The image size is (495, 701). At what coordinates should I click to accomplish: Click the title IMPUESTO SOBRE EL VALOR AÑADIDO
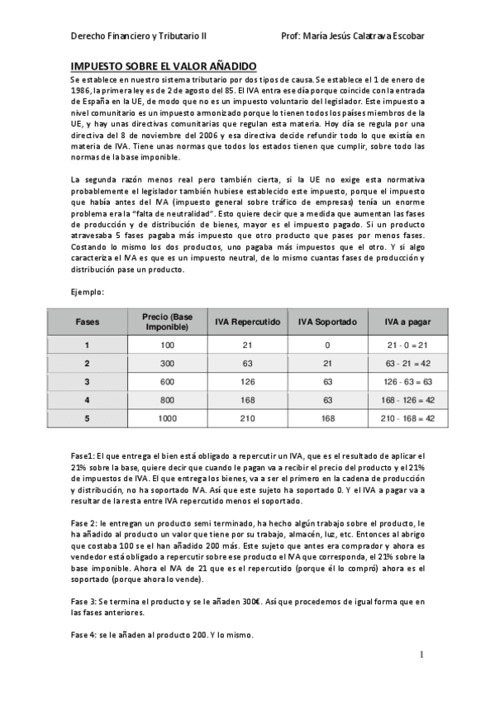click(164, 65)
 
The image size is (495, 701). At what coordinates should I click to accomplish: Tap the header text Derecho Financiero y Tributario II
click(140, 36)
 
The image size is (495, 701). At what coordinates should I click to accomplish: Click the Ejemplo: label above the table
click(88, 292)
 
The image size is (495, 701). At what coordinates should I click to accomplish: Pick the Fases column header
click(88, 322)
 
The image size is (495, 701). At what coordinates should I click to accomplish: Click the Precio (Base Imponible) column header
click(168, 322)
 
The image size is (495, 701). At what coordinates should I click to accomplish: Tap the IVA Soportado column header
click(327, 322)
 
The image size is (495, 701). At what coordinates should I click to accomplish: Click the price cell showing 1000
click(168, 418)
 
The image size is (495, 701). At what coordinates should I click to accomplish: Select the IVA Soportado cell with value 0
click(327, 344)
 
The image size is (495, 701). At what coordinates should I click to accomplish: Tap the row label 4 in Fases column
click(88, 400)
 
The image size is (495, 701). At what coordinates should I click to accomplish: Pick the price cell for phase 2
click(168, 363)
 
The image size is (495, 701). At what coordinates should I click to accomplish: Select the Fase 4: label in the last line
click(86, 635)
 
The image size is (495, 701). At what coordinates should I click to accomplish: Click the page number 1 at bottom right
click(421, 655)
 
